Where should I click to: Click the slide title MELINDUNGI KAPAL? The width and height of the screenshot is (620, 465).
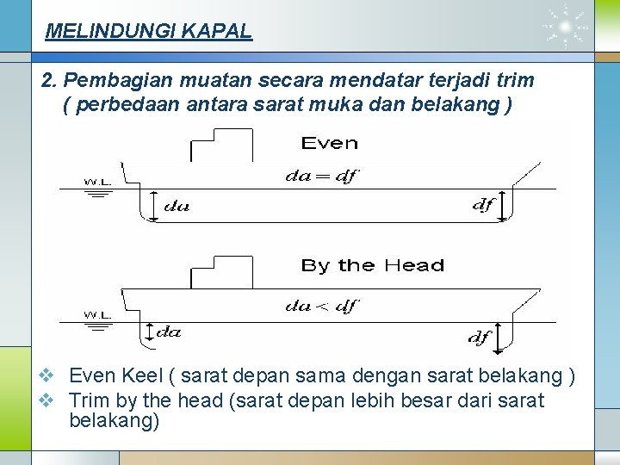(148, 32)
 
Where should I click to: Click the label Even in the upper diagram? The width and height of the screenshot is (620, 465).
(330, 143)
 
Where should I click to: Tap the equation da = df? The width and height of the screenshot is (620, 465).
(321, 177)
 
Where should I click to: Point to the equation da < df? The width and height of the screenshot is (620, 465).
(321, 306)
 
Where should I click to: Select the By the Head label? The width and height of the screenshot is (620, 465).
(373, 265)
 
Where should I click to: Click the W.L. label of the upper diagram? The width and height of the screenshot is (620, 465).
(98, 182)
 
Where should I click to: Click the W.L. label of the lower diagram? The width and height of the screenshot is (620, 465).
(98, 314)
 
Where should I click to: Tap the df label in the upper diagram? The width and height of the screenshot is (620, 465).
(483, 205)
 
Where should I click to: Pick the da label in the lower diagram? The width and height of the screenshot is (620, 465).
(169, 331)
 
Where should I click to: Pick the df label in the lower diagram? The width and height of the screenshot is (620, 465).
(480, 338)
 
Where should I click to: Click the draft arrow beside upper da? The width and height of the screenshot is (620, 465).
(152, 207)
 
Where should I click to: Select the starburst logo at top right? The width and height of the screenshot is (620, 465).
(566, 28)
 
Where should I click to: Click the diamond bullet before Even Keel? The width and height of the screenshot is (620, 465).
(48, 376)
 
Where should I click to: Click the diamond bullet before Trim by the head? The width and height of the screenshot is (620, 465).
(48, 400)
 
